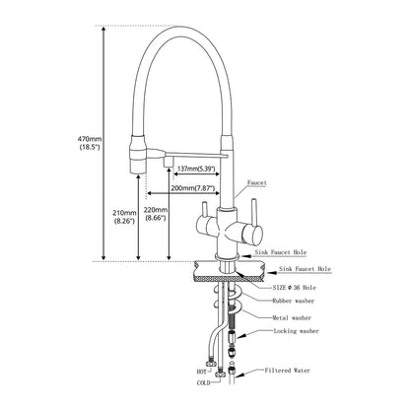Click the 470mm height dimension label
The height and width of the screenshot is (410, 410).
click(x=89, y=143)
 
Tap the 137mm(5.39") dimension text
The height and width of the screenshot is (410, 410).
click(x=196, y=169)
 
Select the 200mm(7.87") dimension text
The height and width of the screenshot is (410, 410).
click(x=193, y=188)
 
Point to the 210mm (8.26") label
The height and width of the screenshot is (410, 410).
click(x=124, y=217)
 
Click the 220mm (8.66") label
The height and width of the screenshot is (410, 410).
click(x=156, y=214)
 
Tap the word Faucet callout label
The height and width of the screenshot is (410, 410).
click(x=257, y=182)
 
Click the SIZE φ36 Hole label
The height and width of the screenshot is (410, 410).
click(x=294, y=288)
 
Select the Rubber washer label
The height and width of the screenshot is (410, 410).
click(x=294, y=301)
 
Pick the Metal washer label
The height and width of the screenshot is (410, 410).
click(x=292, y=317)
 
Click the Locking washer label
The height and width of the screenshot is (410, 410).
click(x=297, y=331)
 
